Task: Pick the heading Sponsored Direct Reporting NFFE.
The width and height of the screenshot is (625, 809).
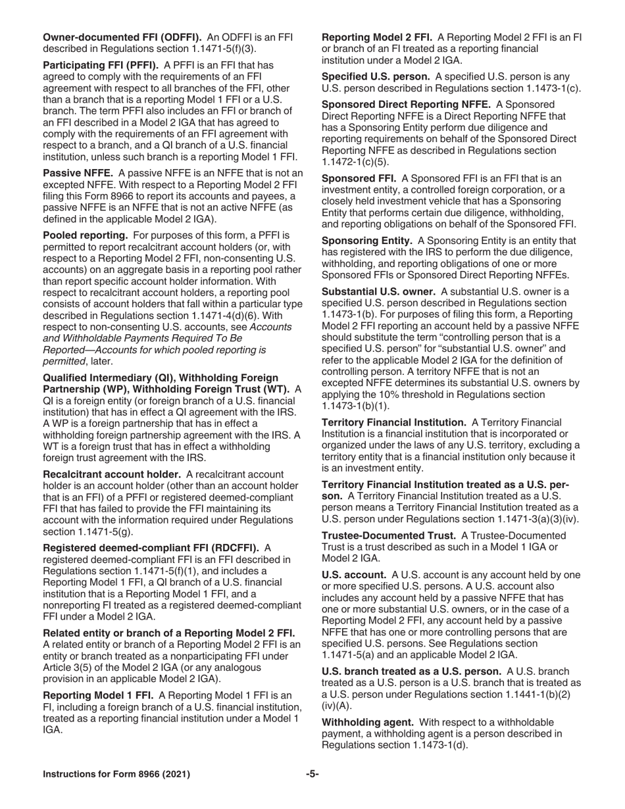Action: click(x=406, y=105)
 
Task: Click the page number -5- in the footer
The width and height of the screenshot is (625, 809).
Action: click(x=312, y=774)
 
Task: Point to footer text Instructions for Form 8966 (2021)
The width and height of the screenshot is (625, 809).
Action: click(x=116, y=775)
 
